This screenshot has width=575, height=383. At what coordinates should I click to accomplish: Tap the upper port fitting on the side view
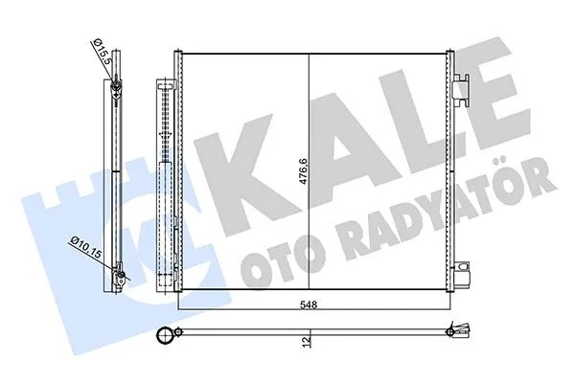[114, 92]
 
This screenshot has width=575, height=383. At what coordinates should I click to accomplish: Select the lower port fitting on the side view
[120, 281]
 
